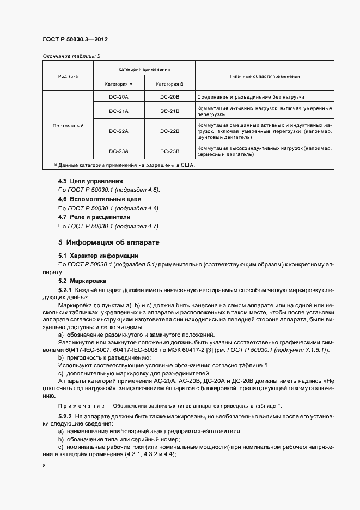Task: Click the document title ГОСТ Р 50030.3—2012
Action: tap(78, 40)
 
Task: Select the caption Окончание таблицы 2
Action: tap(71, 56)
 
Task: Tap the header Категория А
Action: tap(119, 84)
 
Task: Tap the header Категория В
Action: tap(170, 84)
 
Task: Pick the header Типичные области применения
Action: tap(264, 76)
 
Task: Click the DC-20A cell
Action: tap(119, 96)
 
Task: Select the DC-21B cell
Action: tap(170, 111)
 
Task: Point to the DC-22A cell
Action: tap(119, 131)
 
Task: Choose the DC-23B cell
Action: tap(170, 151)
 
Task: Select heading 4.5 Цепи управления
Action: tap(90, 181)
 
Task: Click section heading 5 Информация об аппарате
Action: tap(108, 241)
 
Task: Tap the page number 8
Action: tap(44, 466)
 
